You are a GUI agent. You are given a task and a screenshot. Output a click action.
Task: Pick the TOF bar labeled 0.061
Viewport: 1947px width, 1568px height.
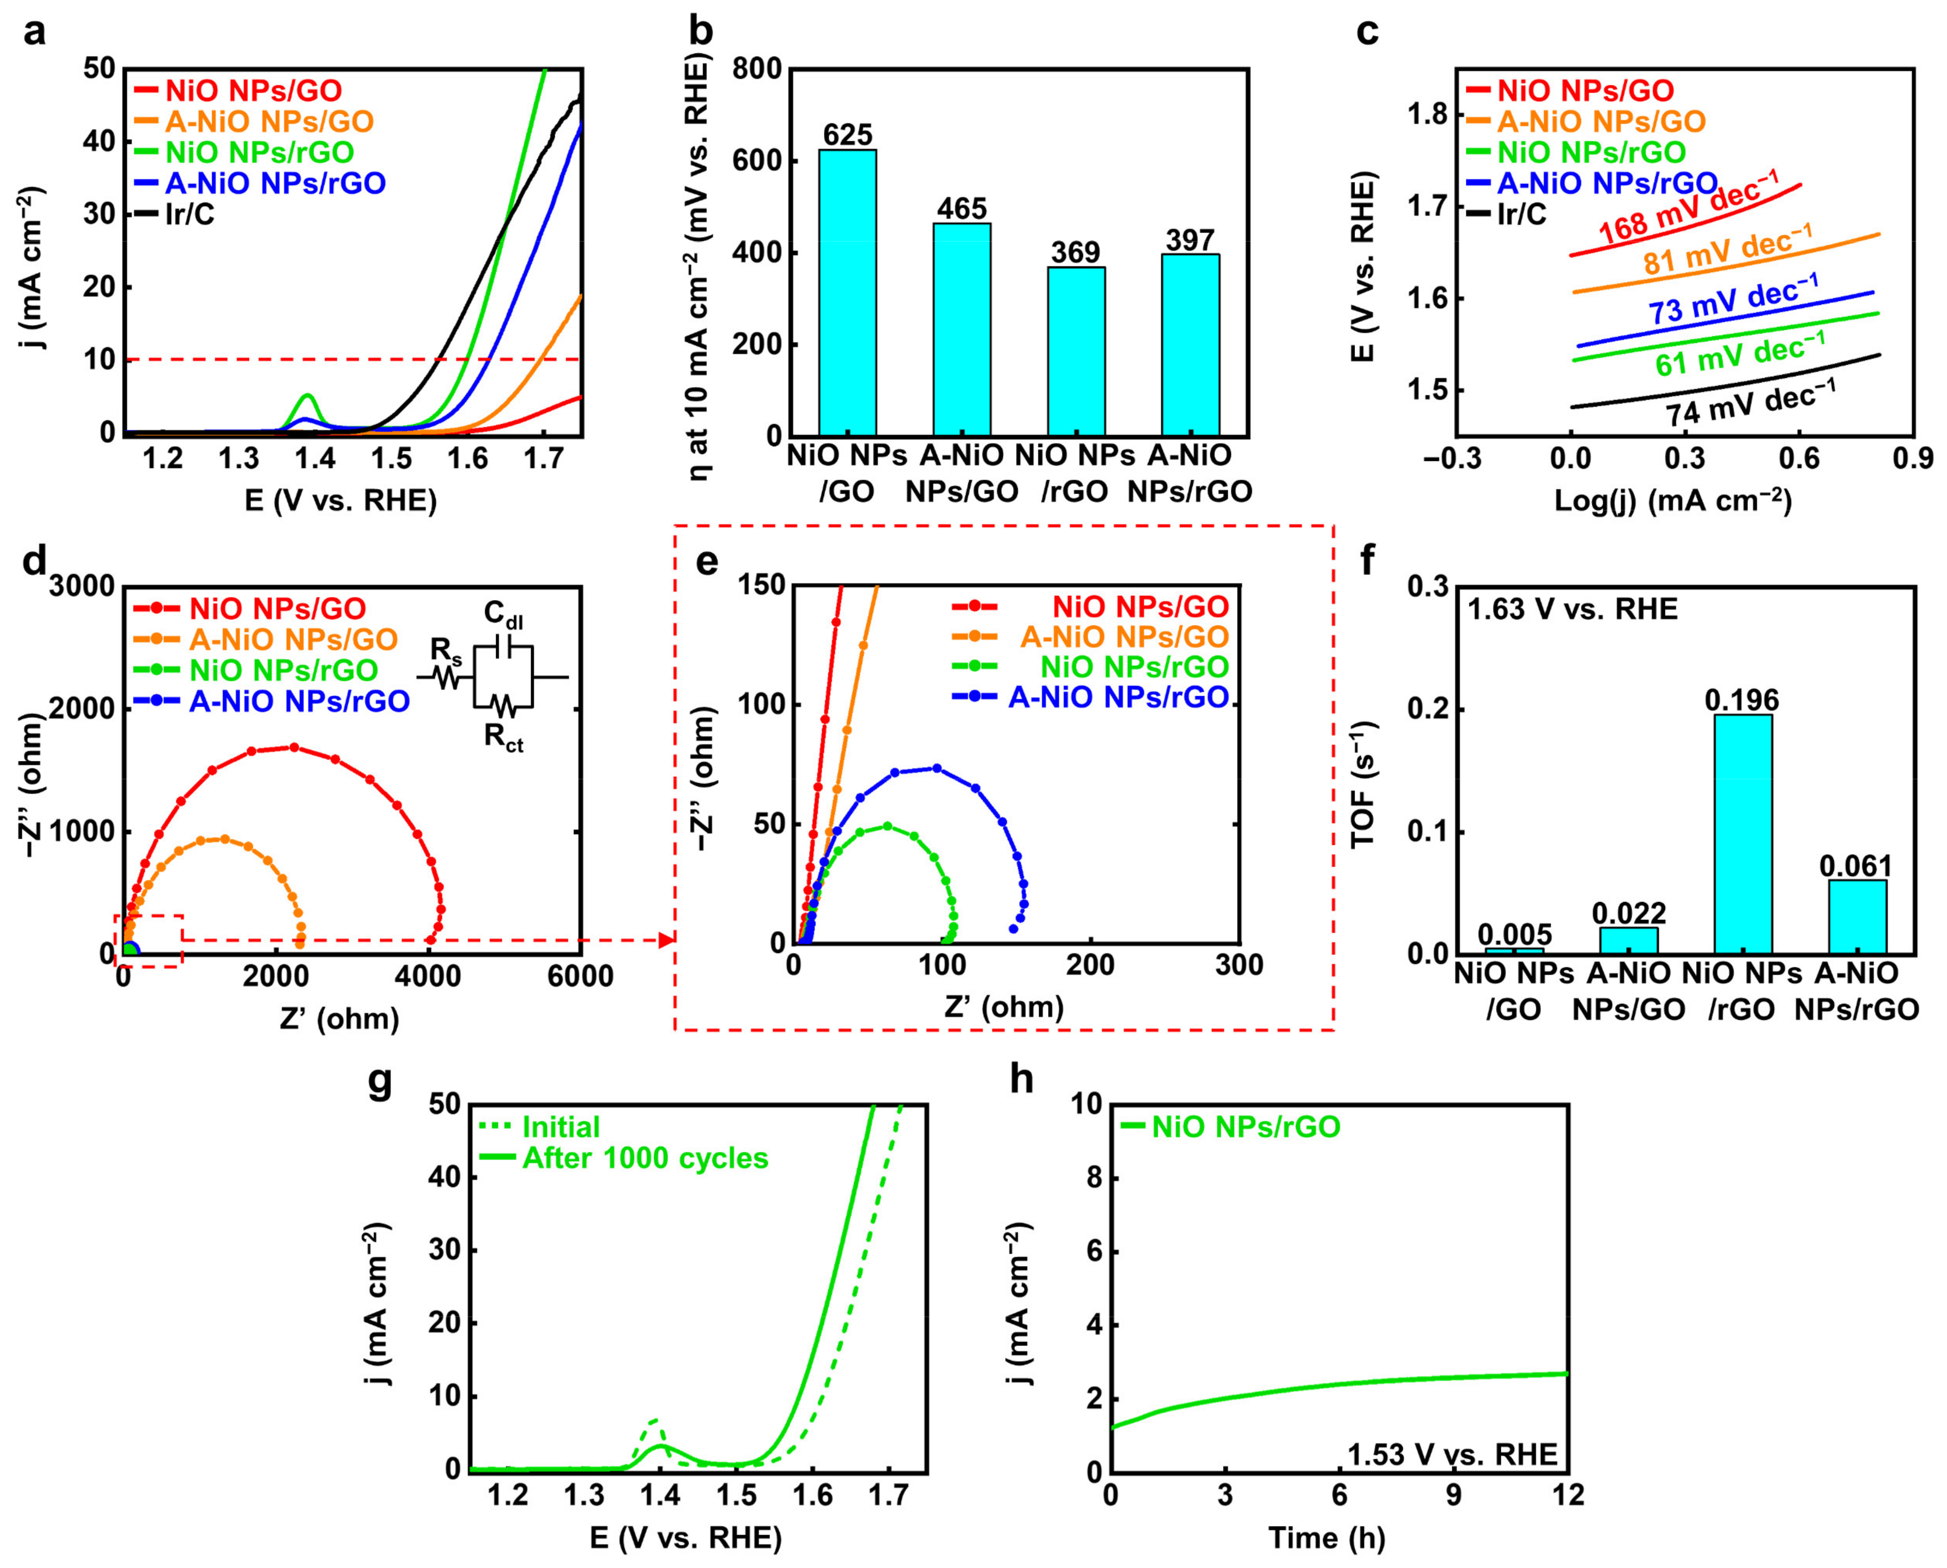point(1857,916)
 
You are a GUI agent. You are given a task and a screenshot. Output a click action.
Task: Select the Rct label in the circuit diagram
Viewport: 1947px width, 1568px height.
point(503,739)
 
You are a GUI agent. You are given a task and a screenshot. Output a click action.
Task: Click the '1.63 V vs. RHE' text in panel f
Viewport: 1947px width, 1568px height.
point(1572,609)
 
